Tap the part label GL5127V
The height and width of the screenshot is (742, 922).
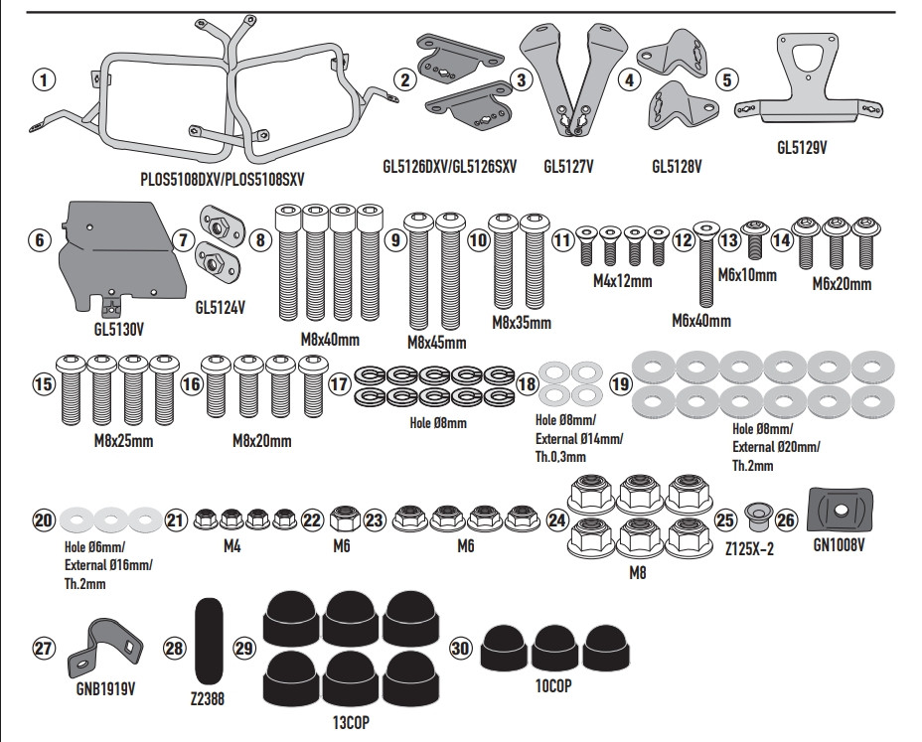(569, 167)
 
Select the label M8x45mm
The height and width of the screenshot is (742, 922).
(436, 343)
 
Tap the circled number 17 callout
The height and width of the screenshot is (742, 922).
(340, 384)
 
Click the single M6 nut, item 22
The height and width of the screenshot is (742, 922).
(341, 519)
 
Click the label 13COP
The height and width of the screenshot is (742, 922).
(346, 722)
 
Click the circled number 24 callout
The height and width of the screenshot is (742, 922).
(556, 519)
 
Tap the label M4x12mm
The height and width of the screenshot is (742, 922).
(622, 281)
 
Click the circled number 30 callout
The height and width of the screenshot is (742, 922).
(461, 648)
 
